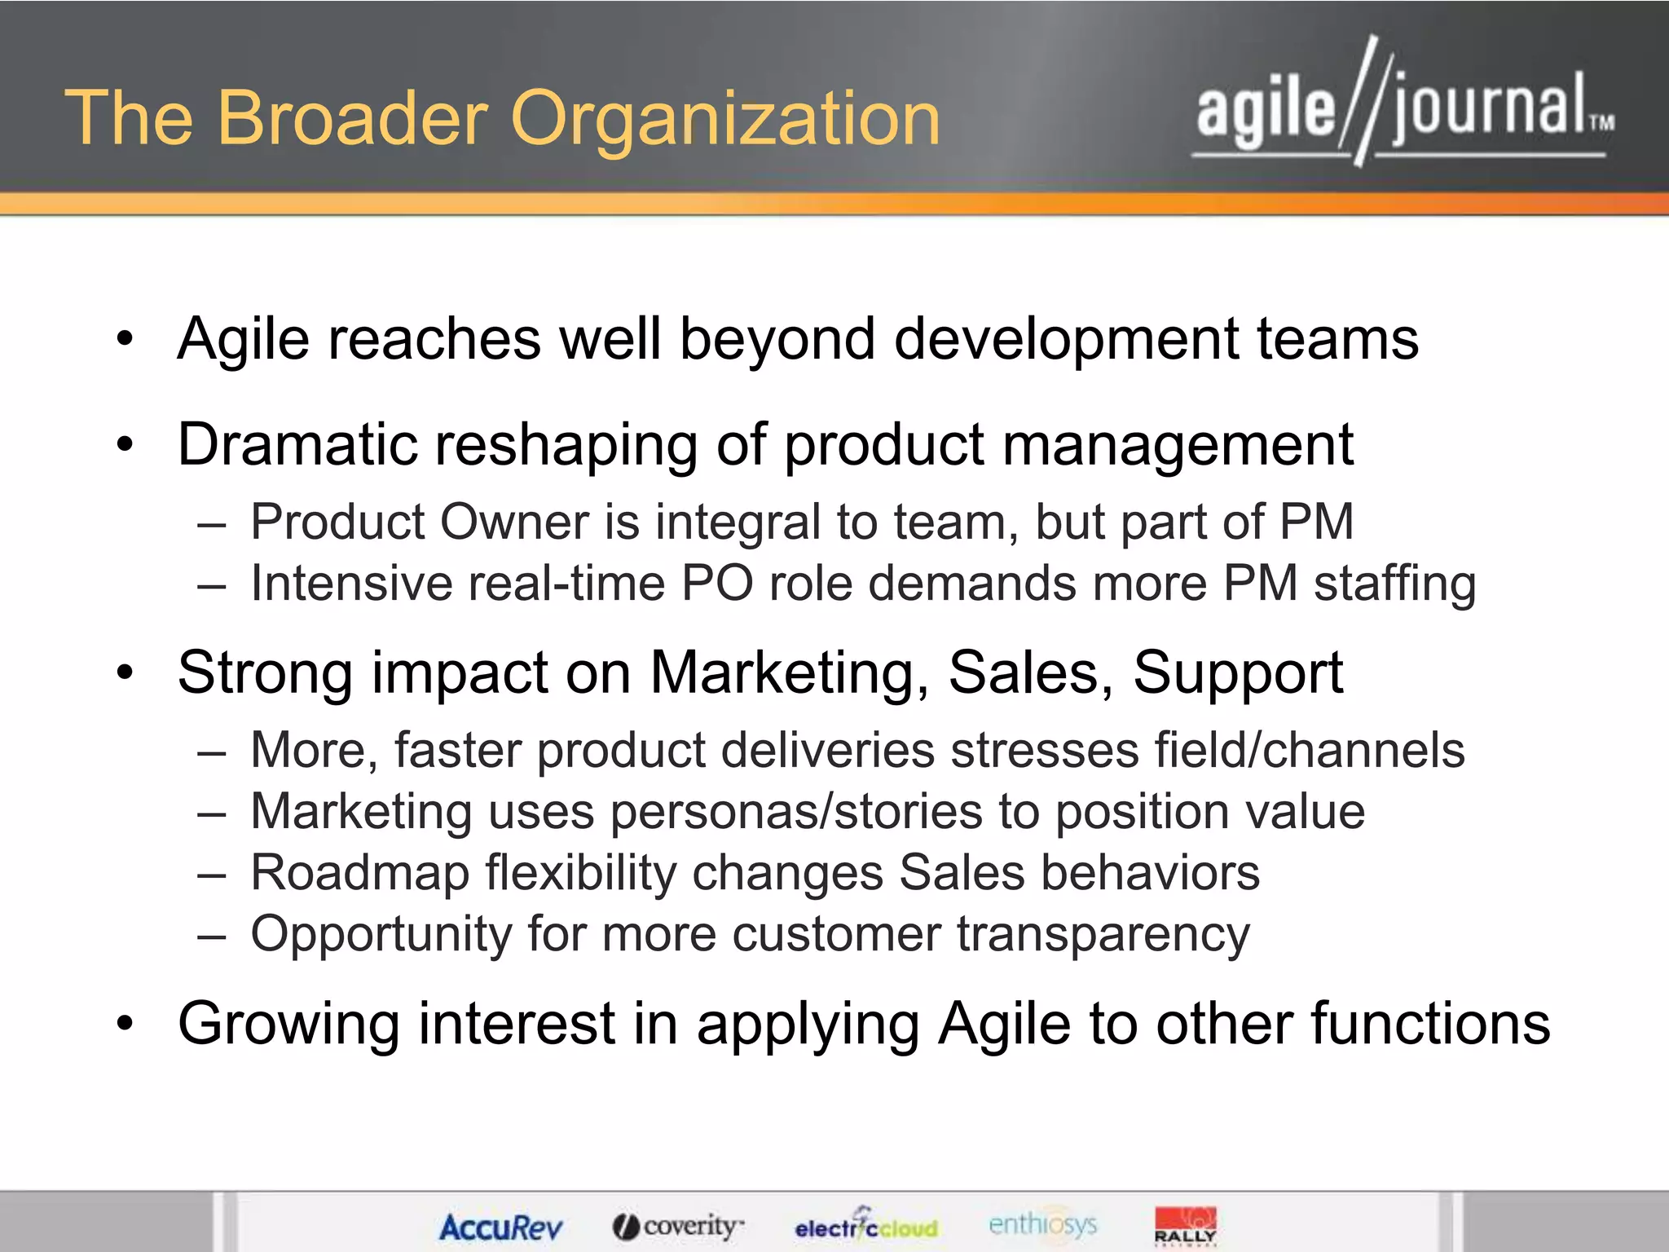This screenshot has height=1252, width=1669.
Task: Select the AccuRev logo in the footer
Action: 500,1227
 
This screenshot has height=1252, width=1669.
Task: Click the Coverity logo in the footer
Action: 678,1225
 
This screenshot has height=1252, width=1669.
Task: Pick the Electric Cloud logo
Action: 865,1225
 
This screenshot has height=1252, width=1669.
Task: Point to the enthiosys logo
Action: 1042,1223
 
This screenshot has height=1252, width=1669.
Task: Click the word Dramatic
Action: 297,445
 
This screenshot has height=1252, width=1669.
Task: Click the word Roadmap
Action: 359,873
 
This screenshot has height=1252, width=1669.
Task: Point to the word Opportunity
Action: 381,934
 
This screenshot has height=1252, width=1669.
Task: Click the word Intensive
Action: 350,584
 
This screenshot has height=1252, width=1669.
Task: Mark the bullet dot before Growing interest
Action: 124,1024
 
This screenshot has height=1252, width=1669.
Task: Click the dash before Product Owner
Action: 211,523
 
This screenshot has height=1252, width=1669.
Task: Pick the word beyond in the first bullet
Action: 777,339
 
